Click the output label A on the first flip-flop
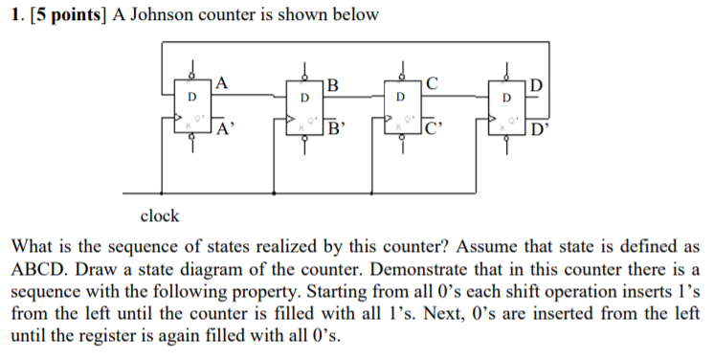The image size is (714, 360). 222,83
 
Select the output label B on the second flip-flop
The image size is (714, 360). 332,83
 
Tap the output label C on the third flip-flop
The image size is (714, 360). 433,83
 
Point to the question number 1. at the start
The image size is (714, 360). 15,15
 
